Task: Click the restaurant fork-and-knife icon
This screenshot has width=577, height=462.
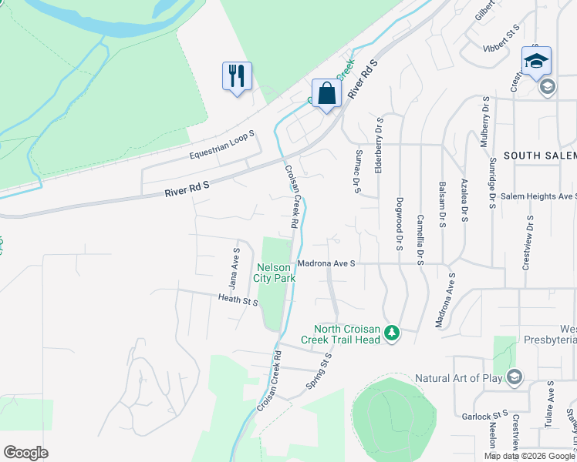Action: pos(237,76)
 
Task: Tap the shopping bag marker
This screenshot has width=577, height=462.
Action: pos(326,94)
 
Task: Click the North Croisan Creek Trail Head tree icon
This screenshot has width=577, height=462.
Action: pos(393,333)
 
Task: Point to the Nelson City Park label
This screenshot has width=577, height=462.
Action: pos(275,273)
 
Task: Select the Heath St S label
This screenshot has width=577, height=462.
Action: pos(238,300)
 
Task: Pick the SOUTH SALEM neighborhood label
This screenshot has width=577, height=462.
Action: pos(539,156)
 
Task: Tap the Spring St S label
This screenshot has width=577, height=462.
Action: pos(319,370)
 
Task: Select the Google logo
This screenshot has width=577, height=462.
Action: pos(25,453)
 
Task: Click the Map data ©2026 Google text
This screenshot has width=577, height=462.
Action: pos(529,456)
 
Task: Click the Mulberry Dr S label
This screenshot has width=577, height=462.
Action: pos(485,120)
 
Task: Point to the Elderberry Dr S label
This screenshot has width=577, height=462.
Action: pos(379,145)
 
